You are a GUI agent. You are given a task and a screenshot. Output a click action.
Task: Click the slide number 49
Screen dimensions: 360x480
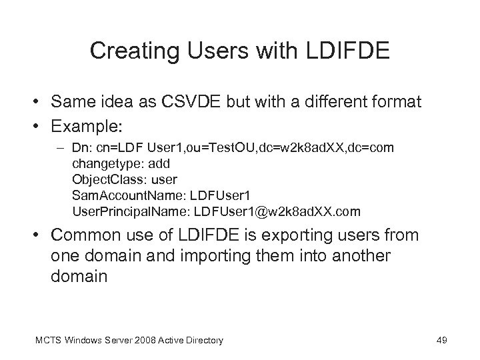point(441,341)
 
